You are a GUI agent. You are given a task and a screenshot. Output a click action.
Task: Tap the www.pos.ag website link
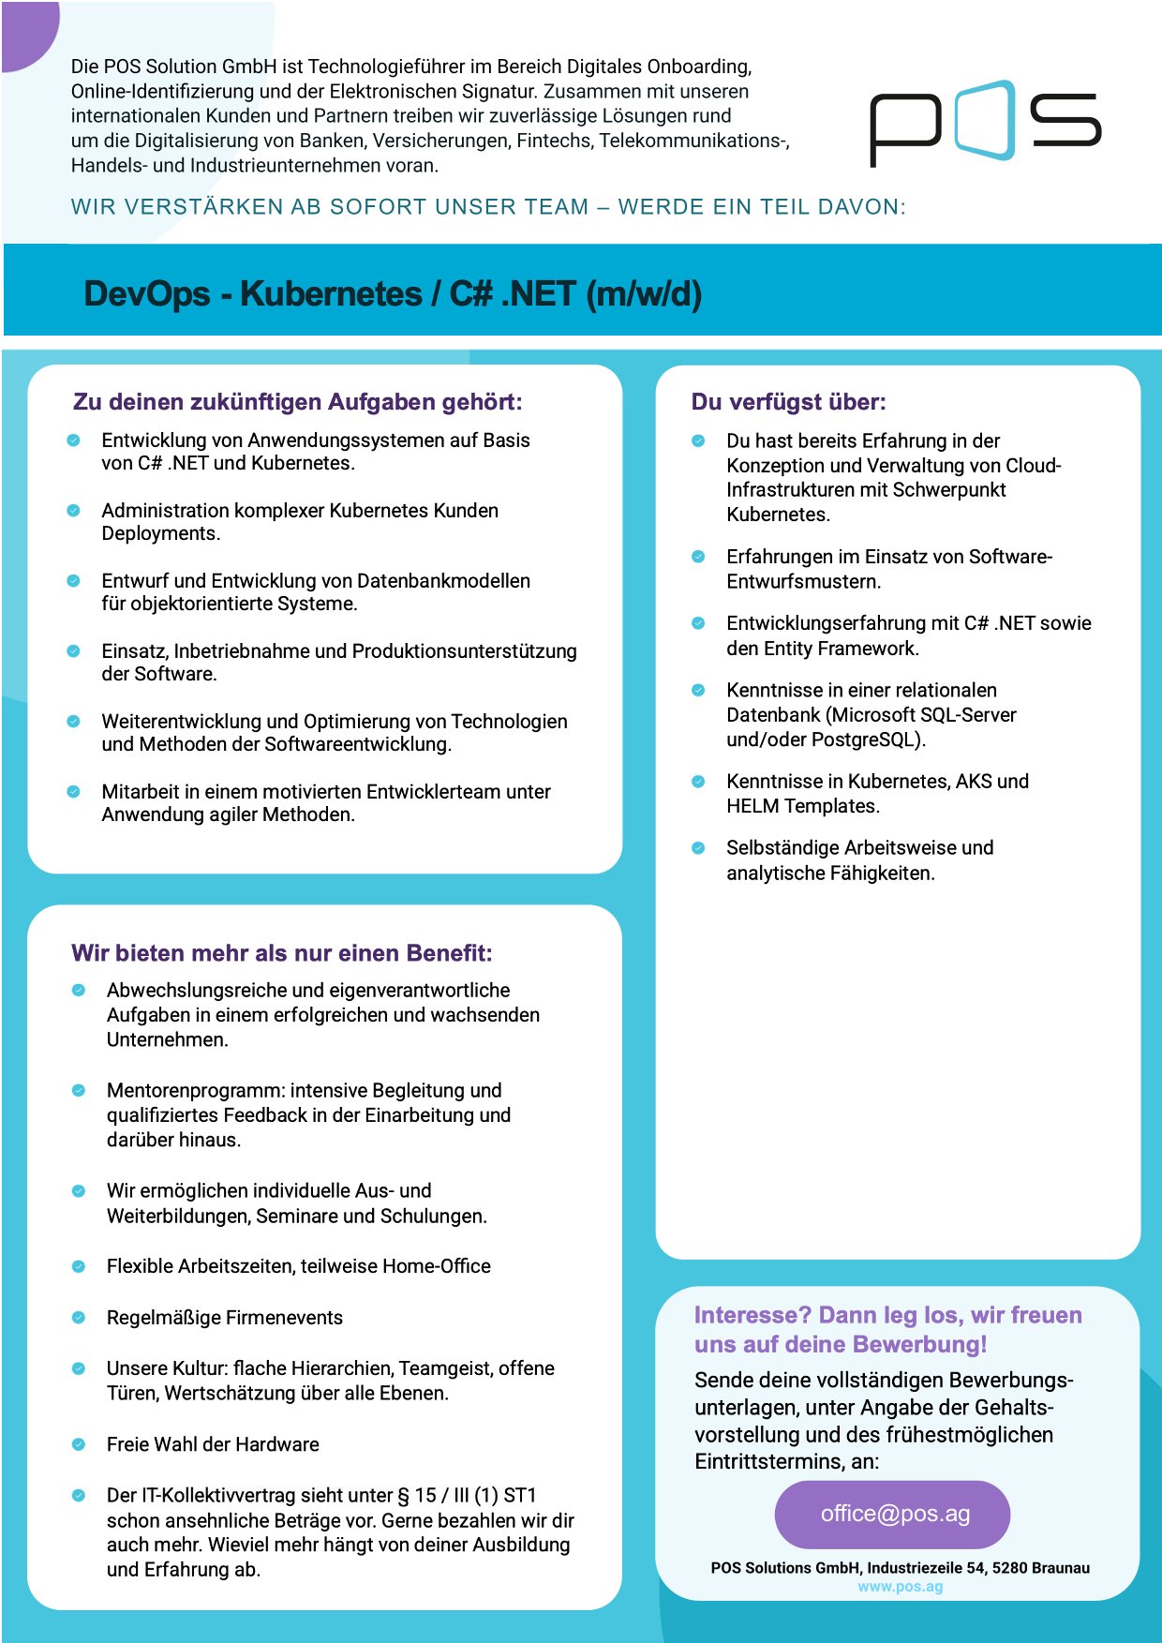(900, 1587)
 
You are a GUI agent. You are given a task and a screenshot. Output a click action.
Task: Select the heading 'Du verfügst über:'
(788, 402)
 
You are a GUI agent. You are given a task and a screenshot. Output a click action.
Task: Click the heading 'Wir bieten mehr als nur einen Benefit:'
(281, 953)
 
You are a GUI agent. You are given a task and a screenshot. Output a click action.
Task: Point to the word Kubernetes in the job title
(331, 294)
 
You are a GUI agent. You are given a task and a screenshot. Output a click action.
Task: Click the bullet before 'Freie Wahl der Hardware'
(79, 1444)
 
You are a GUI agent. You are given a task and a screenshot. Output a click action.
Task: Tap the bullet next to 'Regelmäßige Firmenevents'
(79, 1318)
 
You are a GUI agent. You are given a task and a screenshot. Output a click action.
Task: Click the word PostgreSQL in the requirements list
(867, 739)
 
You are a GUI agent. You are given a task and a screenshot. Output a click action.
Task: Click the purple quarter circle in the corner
(23, 28)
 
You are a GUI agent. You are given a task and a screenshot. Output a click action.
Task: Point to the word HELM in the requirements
(752, 806)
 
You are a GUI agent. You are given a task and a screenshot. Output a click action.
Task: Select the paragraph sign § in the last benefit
(404, 1496)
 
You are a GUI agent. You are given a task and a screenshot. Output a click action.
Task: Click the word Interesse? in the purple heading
(752, 1316)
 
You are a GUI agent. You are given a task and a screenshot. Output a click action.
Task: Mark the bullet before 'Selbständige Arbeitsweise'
(698, 848)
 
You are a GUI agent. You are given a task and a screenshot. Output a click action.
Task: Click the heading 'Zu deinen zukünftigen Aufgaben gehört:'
(297, 402)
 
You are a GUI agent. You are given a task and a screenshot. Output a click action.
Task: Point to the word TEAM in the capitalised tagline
(555, 207)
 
